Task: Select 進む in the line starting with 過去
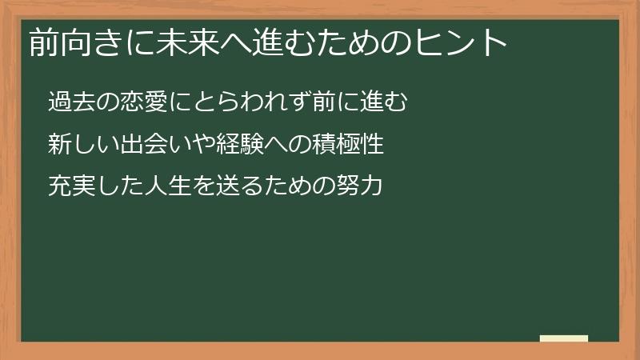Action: (x=386, y=102)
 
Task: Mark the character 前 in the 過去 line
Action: (x=318, y=102)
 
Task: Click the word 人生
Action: (x=165, y=187)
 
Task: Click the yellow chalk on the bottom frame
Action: (x=564, y=338)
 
